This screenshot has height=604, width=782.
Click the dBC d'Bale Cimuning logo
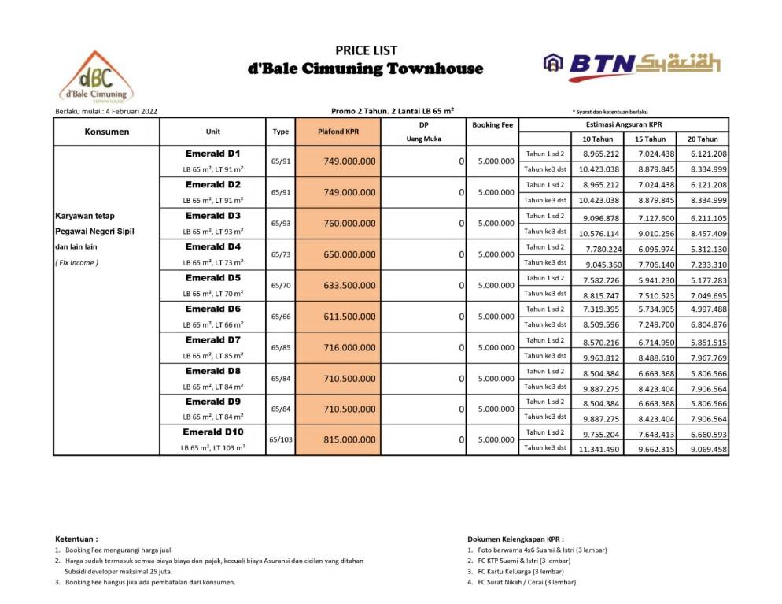click(x=97, y=78)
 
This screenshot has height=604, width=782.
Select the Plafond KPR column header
click(x=338, y=132)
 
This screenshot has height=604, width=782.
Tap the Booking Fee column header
click(x=492, y=124)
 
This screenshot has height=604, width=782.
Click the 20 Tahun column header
click(x=703, y=139)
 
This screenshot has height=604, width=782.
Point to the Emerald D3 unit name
click(x=213, y=216)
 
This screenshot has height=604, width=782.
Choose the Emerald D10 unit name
click(x=213, y=432)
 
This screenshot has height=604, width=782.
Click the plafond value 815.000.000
click(x=349, y=440)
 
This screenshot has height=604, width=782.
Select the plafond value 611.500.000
click(x=349, y=317)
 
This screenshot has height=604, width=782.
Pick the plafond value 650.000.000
click(x=349, y=254)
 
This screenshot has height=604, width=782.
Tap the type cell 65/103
click(x=281, y=440)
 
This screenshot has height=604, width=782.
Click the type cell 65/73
click(x=281, y=254)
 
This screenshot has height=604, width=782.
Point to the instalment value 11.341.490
click(x=599, y=449)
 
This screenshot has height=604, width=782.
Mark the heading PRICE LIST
click(x=366, y=50)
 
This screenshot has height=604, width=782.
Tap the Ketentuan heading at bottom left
click(x=76, y=539)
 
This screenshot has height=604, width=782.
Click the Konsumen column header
click(x=107, y=132)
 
